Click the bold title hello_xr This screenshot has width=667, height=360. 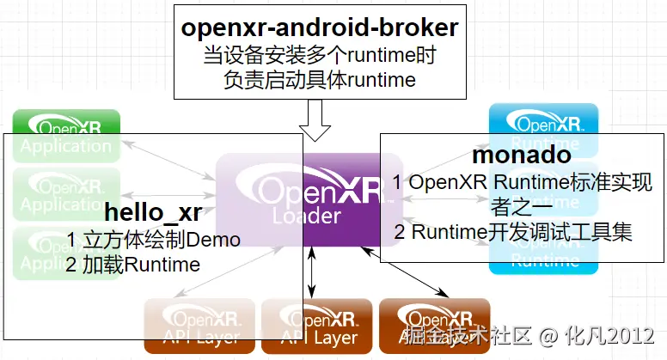point(151,212)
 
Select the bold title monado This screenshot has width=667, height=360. point(522,156)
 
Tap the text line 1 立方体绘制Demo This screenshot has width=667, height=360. point(153,239)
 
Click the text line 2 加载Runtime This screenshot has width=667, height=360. point(132,264)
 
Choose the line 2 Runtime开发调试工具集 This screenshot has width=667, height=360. point(514,232)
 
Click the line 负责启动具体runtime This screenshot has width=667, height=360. point(319,81)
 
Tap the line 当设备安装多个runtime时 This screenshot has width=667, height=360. point(319,57)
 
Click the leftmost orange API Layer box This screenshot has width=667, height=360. point(199,326)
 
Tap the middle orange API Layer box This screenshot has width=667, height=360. point(316,326)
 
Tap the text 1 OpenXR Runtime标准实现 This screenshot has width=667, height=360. point(522,182)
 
